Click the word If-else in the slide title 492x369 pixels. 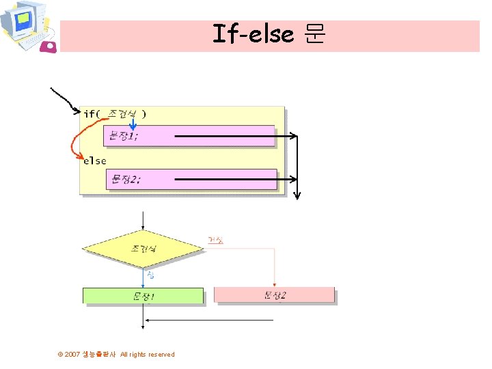pos(253,33)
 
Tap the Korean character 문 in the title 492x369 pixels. pos(314,33)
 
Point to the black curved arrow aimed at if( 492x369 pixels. pos(64,100)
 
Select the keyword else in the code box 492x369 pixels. pos(95,161)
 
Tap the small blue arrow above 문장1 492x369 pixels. pos(134,123)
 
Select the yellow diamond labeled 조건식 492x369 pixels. pos(143,249)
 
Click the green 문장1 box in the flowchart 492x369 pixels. pos(143,296)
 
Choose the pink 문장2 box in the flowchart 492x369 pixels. pos(274,295)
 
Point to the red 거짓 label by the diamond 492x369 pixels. pos(215,241)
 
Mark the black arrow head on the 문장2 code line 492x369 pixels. pos(294,179)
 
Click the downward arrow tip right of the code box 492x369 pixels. pos(297,196)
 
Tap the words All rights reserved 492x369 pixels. pos(147,355)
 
